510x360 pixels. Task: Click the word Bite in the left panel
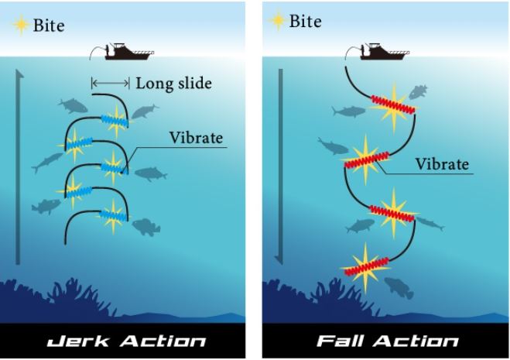click(49, 26)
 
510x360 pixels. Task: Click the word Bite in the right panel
click(305, 22)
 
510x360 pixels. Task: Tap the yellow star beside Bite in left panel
click(20, 25)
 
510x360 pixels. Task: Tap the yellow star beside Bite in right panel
click(277, 20)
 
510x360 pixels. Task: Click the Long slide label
click(173, 84)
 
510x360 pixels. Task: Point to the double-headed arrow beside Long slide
click(110, 84)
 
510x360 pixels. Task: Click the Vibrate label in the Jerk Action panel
click(196, 138)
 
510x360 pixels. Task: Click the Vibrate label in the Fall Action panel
click(443, 164)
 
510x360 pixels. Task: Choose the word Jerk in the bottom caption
click(78, 341)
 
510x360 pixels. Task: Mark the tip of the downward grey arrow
click(279, 264)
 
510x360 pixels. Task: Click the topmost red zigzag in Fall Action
click(393, 105)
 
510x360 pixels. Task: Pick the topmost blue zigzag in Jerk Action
click(115, 121)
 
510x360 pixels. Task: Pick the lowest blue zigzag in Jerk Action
click(114, 215)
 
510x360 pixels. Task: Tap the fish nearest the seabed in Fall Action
click(399, 287)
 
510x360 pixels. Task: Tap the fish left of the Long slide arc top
click(73, 106)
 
